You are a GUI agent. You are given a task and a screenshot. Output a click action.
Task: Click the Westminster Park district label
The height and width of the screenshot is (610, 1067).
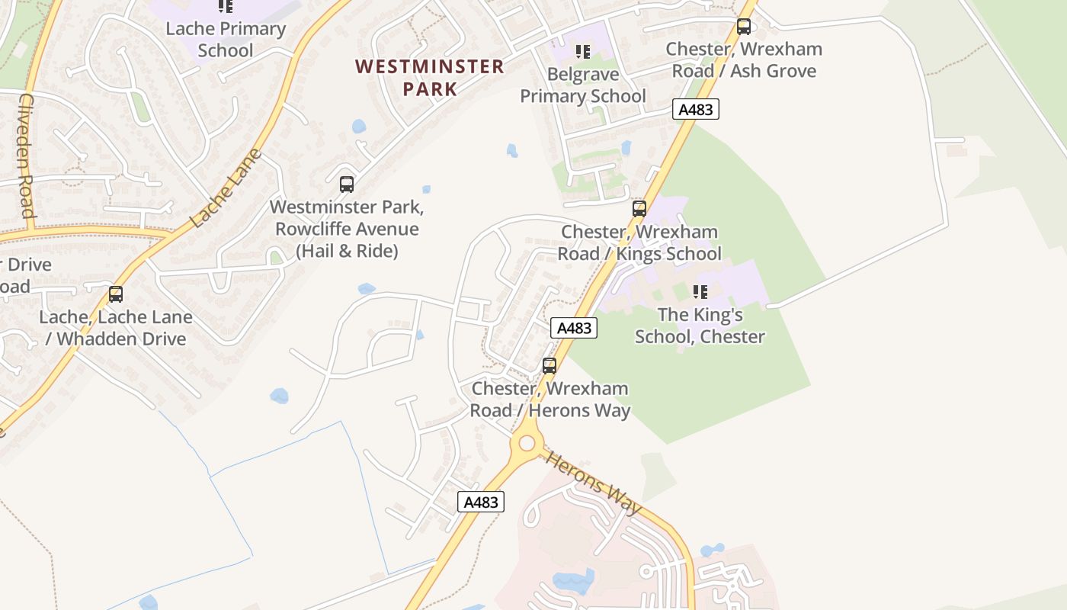click(429, 78)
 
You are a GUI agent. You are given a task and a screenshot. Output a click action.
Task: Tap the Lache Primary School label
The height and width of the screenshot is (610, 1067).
click(226, 40)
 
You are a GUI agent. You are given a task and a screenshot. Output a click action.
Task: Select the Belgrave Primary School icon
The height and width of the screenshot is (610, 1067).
click(583, 52)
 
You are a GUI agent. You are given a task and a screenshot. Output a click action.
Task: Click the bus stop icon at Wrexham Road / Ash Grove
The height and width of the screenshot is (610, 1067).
click(743, 27)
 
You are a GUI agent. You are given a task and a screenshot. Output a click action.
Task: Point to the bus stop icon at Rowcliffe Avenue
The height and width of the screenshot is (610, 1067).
click(346, 184)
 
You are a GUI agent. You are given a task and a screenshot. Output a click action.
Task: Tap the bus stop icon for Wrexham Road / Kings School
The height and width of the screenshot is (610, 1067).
click(639, 208)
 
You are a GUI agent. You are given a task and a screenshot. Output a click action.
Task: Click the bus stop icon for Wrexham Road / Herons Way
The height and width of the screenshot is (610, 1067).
click(549, 365)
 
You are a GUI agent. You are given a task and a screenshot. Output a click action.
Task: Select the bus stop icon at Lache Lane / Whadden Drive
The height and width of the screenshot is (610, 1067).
click(115, 294)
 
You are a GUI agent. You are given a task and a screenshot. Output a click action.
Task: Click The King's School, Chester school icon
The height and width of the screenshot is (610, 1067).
click(700, 291)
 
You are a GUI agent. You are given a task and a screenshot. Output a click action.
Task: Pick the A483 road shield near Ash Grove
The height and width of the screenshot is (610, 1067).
click(695, 109)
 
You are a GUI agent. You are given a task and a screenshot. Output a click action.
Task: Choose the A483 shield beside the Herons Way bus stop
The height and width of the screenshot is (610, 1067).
click(573, 328)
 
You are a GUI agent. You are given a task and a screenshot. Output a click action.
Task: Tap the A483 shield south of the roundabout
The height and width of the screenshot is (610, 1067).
click(480, 502)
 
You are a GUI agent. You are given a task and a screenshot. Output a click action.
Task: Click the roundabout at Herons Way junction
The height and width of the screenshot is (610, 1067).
click(526, 443)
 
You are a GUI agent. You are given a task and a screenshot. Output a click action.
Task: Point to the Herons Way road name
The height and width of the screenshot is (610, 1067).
click(594, 483)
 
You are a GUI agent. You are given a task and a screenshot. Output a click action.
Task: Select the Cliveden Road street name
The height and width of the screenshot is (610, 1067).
click(26, 156)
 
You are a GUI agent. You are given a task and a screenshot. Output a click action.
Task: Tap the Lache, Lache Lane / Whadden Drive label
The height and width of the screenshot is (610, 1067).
click(116, 328)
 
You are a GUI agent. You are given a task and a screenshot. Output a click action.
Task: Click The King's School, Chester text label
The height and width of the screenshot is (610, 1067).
click(700, 326)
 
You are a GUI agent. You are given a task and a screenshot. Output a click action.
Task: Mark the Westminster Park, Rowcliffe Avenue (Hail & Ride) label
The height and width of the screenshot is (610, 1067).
click(347, 229)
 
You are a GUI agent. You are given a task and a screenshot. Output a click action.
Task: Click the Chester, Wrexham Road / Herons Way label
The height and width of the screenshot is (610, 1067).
click(550, 400)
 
